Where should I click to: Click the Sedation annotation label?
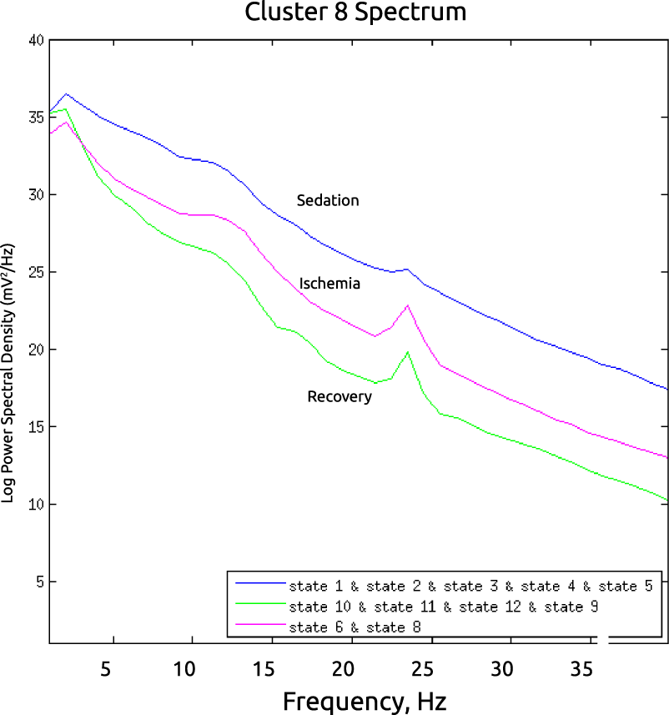[x=328, y=200]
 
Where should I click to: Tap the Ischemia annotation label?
[x=329, y=284]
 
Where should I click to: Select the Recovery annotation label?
[x=340, y=396]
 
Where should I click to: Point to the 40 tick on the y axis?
[x=34, y=39]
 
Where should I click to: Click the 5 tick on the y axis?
[x=38, y=582]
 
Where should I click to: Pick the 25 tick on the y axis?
[x=34, y=272]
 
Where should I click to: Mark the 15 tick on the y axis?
[x=34, y=426]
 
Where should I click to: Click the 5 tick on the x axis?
[x=106, y=668]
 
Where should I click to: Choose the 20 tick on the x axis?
[x=343, y=668]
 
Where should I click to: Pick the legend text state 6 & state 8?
[x=354, y=626]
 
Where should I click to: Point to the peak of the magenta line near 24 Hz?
[x=408, y=305]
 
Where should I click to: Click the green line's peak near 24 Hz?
[x=408, y=352]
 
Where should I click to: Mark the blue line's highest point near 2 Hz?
[x=66, y=94]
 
